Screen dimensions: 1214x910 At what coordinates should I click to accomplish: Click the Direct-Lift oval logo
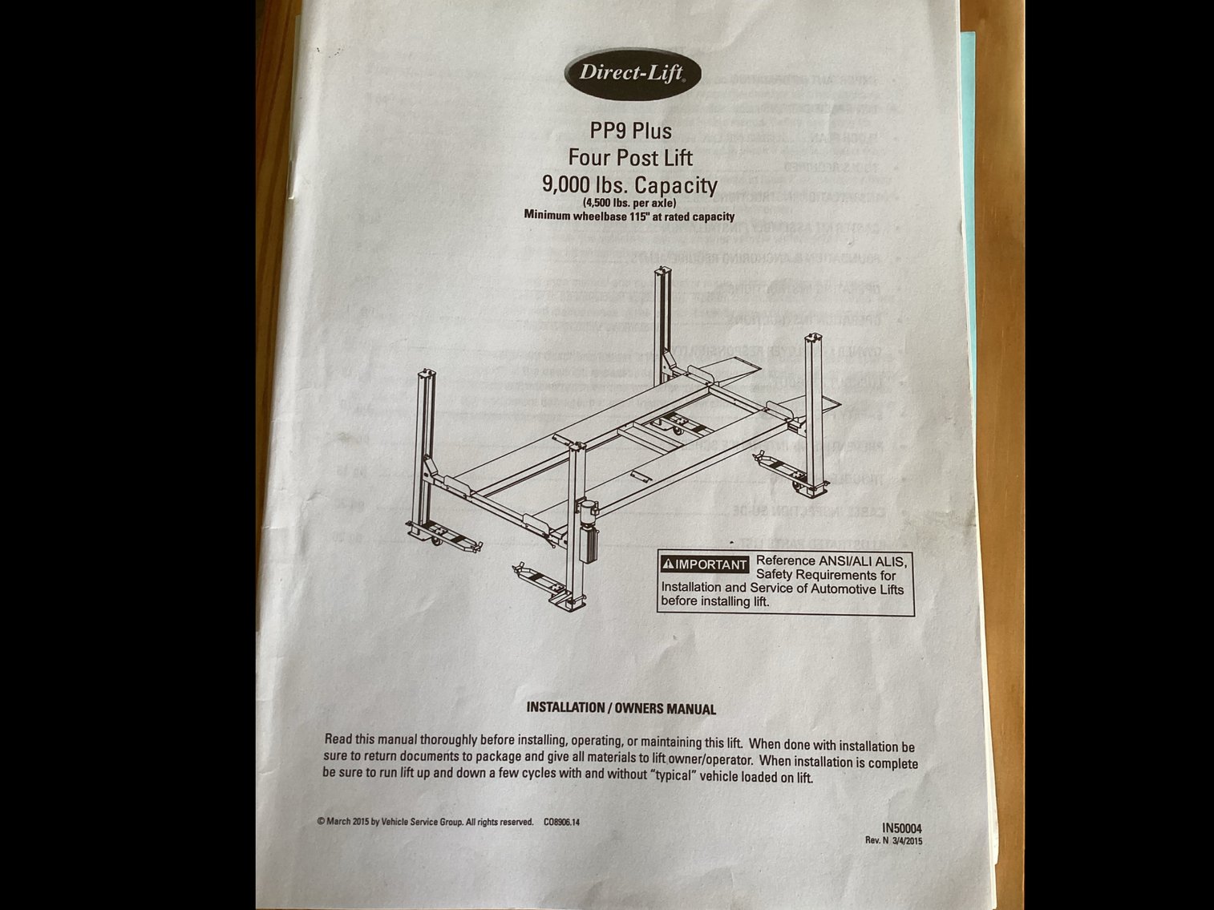632,74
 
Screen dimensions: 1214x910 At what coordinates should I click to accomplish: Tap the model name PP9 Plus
630,131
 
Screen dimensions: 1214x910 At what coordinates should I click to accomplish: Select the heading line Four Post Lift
630,158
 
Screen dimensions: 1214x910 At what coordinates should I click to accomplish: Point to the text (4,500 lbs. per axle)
629,202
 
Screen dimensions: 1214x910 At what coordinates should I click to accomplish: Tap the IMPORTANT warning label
705,564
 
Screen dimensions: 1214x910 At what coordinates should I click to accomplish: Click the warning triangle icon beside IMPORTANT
668,564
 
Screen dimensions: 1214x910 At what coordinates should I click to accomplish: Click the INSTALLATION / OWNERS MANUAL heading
621,708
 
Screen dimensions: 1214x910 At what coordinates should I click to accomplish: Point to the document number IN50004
902,828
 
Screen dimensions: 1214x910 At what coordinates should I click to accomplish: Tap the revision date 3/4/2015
908,841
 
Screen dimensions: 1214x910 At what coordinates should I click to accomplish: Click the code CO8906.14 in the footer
561,822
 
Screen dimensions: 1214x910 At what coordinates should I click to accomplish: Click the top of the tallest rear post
662,271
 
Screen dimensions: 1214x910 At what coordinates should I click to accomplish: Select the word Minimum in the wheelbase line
546,215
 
